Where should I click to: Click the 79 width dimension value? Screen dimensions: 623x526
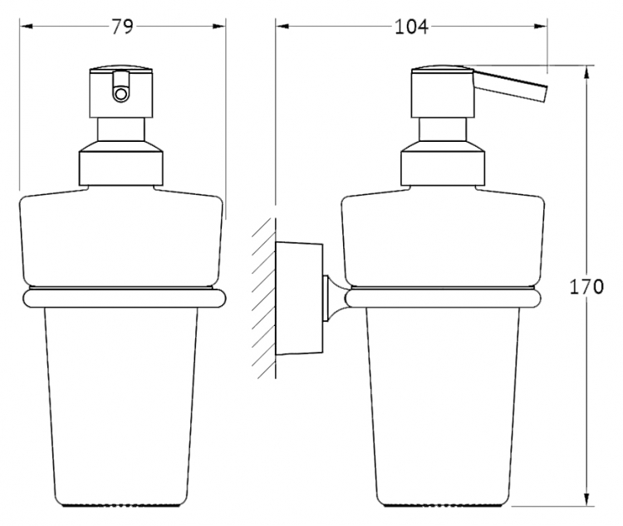(x=122, y=27)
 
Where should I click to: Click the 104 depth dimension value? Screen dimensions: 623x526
(x=411, y=27)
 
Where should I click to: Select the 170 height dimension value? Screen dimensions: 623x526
(x=586, y=286)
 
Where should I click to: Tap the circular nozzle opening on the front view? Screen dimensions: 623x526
(x=120, y=94)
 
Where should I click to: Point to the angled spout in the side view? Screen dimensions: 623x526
(x=510, y=86)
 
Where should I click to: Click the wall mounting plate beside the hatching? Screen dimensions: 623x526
(x=299, y=298)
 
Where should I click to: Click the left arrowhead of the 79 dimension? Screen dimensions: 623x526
(x=27, y=27)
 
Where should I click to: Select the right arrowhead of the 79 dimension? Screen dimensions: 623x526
(x=218, y=27)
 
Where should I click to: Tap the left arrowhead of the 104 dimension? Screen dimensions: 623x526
(x=282, y=27)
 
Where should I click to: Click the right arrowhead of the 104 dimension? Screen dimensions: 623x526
(x=541, y=27)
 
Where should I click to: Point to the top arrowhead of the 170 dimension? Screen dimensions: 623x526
(x=586, y=72)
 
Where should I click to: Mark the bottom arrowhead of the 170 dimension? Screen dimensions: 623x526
(x=586, y=499)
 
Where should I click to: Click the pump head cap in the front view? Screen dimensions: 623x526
(x=121, y=92)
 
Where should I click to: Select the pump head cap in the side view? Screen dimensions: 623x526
(x=443, y=92)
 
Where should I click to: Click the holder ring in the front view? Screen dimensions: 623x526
(x=125, y=298)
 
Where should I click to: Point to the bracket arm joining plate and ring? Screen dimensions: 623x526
(x=336, y=298)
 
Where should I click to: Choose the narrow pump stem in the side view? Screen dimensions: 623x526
(x=443, y=129)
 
